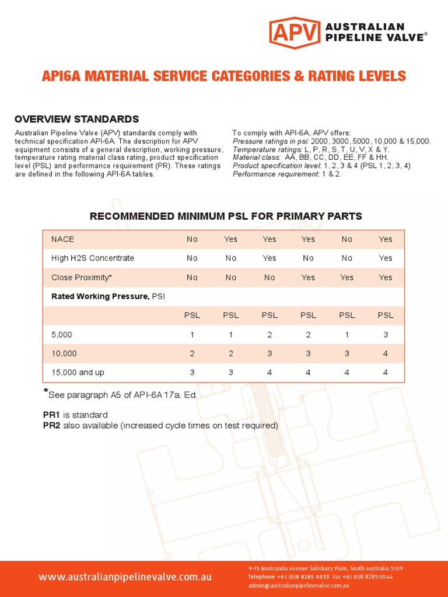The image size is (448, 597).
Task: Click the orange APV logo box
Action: [x=295, y=33]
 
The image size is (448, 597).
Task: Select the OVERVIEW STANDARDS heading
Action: [x=76, y=120]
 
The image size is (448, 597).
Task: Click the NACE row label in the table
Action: [x=62, y=239]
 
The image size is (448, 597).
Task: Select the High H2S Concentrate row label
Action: [x=92, y=258]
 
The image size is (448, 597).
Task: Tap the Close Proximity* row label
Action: [x=81, y=278]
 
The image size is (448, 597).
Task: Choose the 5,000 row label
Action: [x=62, y=335]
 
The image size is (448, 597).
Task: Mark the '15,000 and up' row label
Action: [x=78, y=372]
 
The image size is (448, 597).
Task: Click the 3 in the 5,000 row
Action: [x=386, y=335]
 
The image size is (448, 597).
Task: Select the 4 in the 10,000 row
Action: [x=386, y=353]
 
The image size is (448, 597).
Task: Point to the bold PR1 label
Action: [x=51, y=415]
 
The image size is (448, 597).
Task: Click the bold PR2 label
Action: [x=51, y=426]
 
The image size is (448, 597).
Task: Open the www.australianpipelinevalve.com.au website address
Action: [x=125, y=577]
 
